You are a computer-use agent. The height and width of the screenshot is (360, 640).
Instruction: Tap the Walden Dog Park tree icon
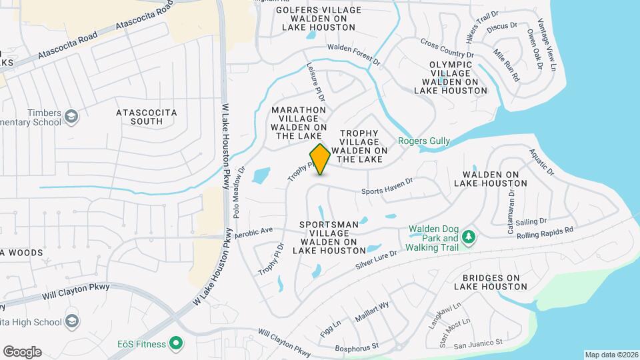tap(469, 237)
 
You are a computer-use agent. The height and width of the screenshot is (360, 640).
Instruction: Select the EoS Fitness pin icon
tap(176, 343)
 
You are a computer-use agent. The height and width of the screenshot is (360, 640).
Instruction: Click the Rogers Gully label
tap(424, 141)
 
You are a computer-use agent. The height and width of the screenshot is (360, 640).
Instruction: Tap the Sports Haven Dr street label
tap(387, 191)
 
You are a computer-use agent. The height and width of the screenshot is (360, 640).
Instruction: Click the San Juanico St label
tap(477, 344)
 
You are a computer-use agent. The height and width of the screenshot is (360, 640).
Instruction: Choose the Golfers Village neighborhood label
tap(319, 19)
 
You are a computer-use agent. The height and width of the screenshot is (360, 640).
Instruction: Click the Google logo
tap(22, 351)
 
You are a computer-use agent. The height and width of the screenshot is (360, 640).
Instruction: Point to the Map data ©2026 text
tap(611, 355)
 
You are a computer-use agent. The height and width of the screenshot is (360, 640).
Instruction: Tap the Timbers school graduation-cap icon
tap(71, 118)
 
